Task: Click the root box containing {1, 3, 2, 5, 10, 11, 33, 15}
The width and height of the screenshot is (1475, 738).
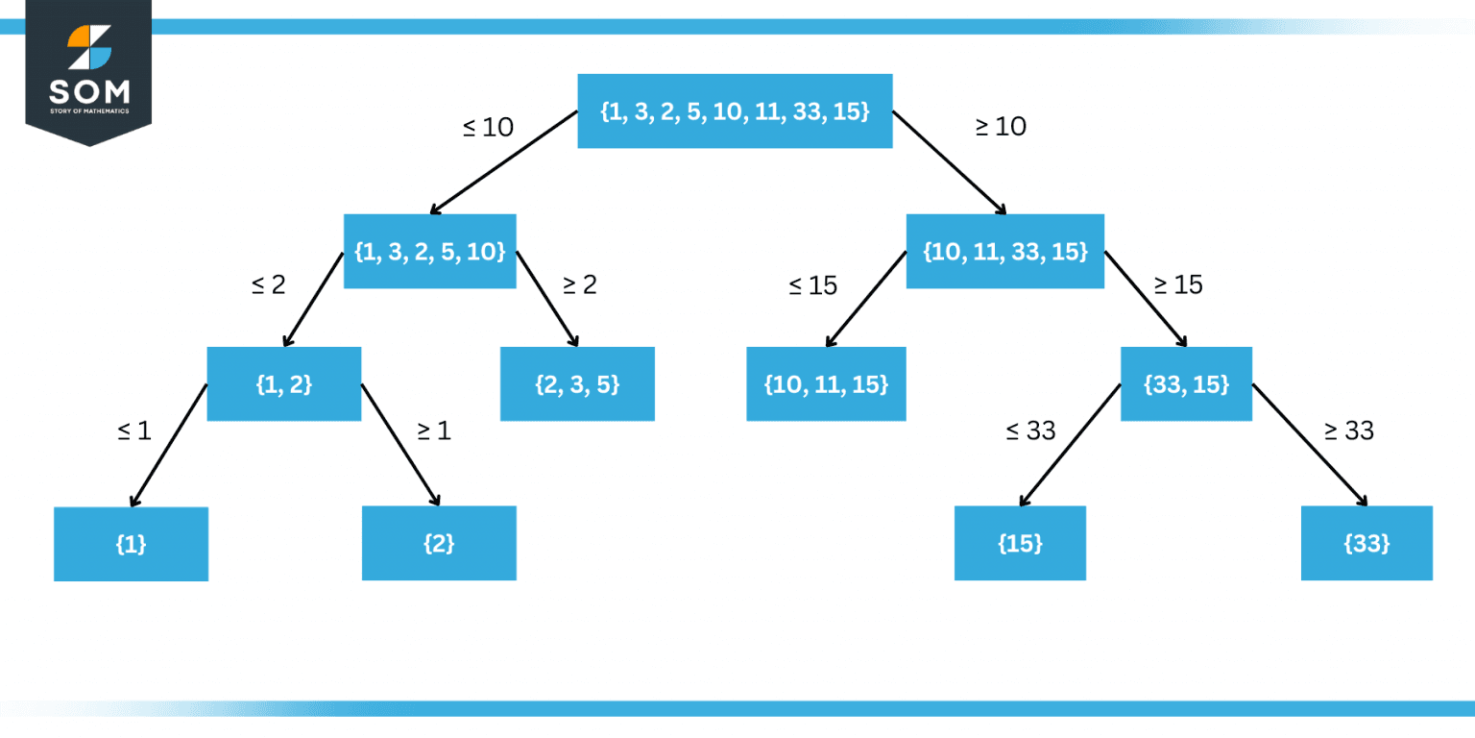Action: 735,111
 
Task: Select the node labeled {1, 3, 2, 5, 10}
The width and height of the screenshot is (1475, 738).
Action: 429,252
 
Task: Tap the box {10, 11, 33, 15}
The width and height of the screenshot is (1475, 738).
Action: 1004,252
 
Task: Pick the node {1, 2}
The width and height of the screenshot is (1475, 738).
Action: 284,384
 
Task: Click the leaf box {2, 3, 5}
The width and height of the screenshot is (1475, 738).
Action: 577,384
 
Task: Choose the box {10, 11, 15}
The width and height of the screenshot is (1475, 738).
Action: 826,384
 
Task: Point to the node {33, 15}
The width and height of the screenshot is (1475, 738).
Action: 1186,384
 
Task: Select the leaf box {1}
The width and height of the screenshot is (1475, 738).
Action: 131,544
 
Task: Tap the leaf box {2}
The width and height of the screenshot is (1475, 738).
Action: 439,544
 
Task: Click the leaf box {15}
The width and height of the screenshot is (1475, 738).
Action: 1020,544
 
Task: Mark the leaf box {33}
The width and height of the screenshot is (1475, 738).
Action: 1366,544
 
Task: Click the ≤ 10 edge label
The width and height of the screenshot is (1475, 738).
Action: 488,127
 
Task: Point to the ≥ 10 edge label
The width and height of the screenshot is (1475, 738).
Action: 1001,126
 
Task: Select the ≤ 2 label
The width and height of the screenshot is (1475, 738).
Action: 268,284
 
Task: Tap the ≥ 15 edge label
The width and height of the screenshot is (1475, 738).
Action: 1177,284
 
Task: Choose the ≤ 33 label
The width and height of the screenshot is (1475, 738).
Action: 1030,431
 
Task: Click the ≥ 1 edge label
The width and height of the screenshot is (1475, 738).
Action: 433,431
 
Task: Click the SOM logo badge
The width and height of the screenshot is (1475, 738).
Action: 88,70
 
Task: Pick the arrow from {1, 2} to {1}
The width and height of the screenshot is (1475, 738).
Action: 169,444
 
